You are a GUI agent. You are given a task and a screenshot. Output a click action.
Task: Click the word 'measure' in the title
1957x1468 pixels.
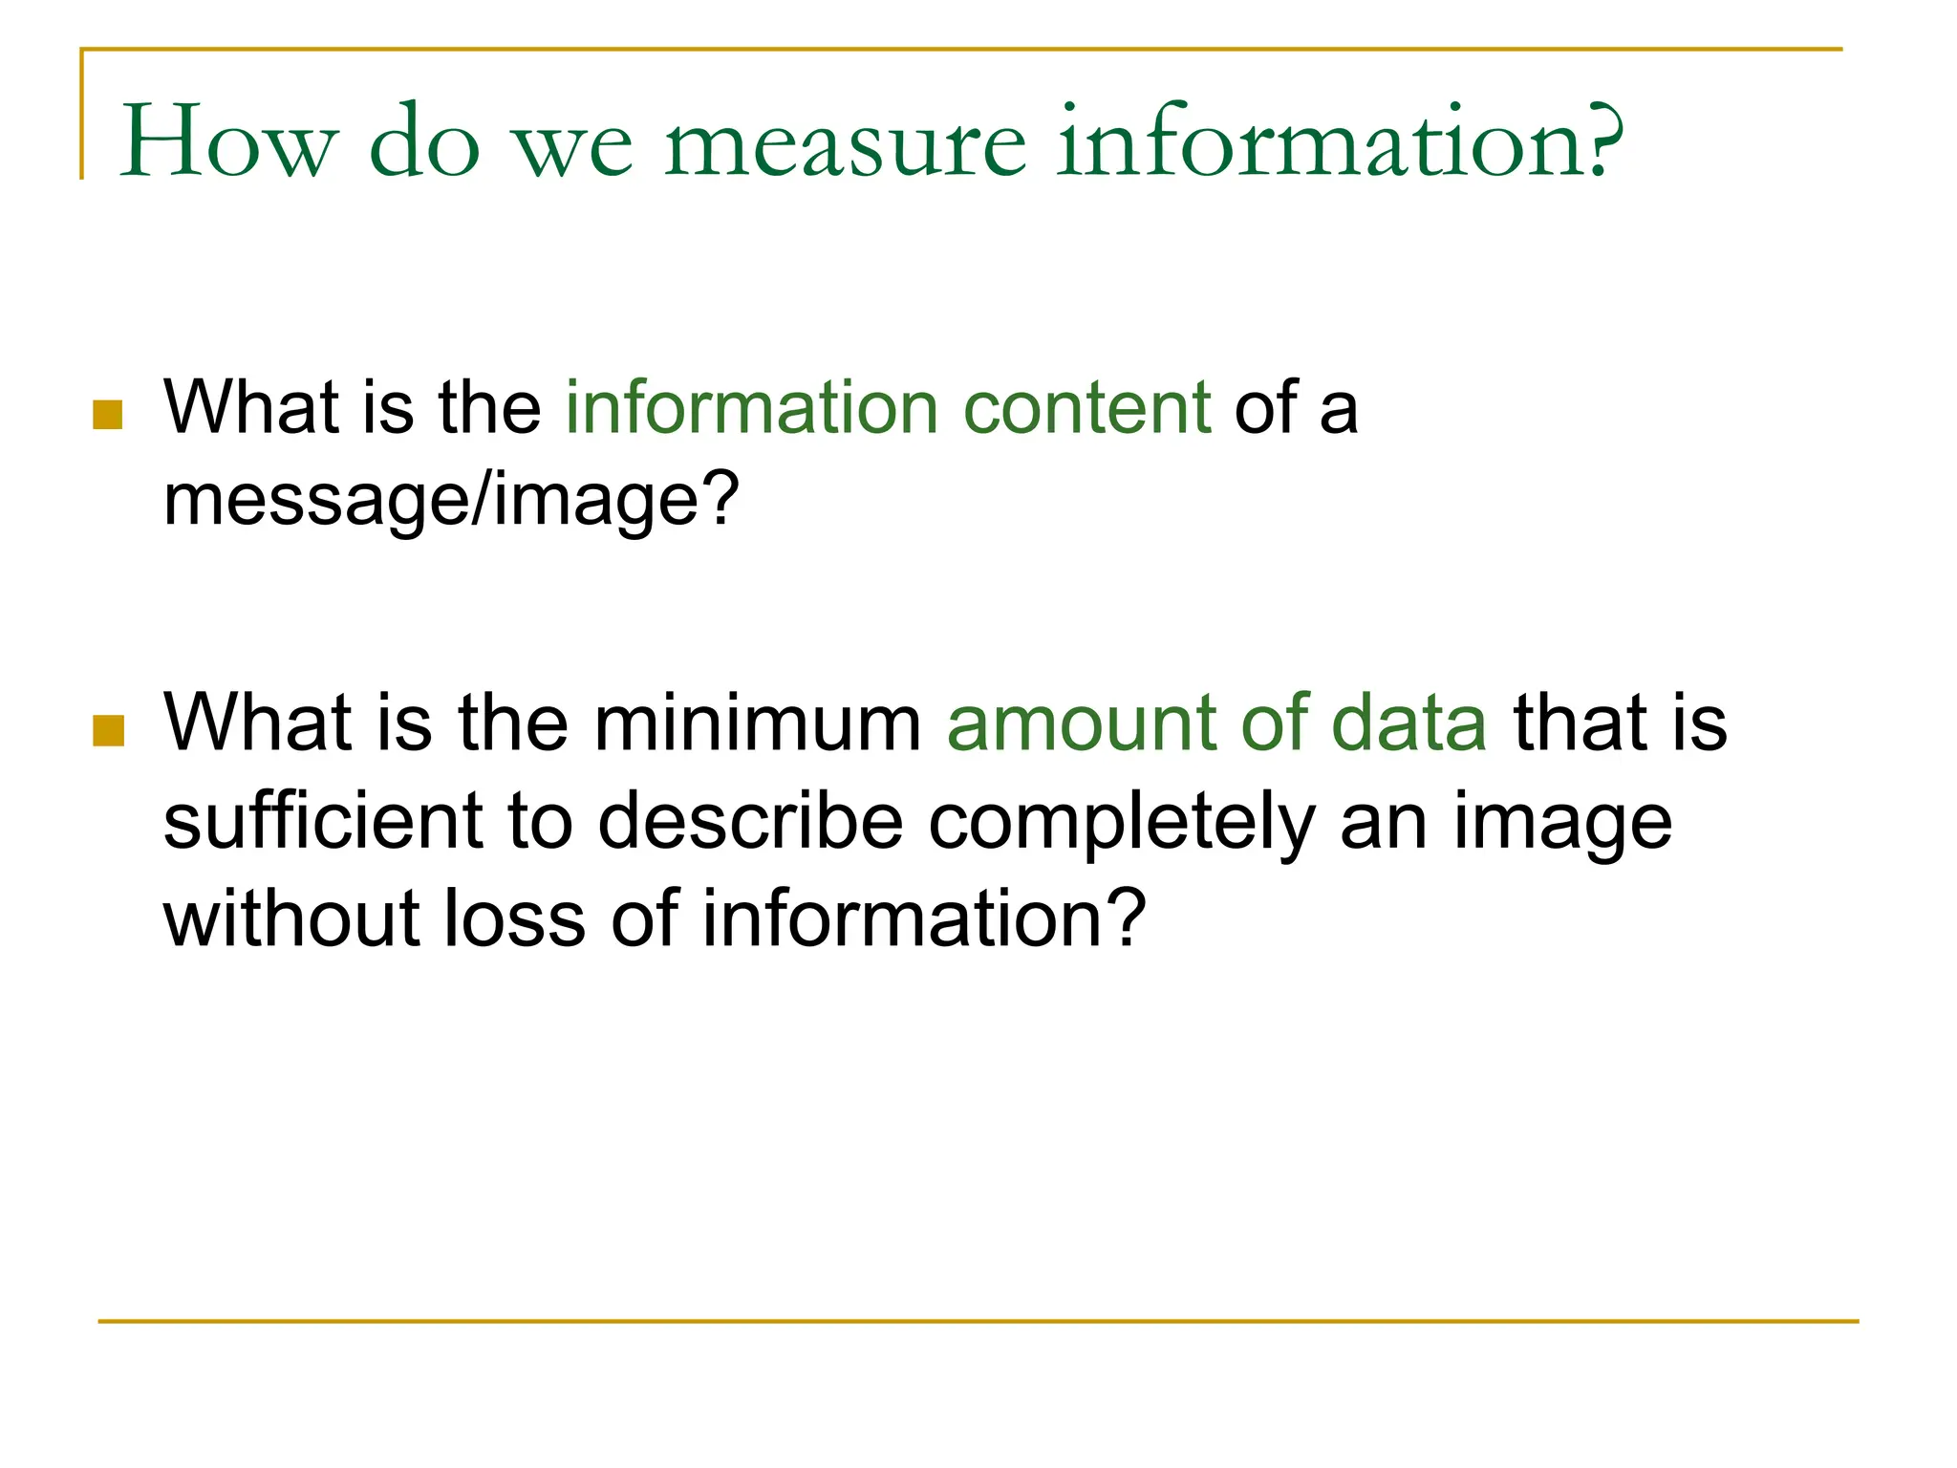pos(846,143)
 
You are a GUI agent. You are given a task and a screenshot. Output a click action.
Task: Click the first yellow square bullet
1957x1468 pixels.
pos(108,415)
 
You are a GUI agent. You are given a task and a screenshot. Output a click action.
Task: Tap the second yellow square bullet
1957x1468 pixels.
pos(108,730)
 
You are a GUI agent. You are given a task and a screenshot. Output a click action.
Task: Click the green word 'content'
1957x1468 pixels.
pos(1087,408)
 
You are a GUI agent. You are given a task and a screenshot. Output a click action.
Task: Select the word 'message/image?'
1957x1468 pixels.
pos(451,501)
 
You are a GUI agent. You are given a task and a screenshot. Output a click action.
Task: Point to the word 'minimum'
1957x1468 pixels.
pos(758,723)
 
